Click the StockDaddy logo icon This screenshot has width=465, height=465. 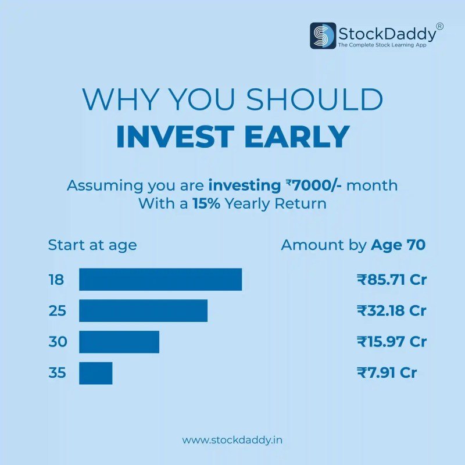coord(323,35)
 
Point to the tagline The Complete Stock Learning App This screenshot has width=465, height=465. coord(386,45)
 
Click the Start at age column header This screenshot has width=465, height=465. coord(92,245)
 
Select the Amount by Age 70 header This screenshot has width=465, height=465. coord(353,245)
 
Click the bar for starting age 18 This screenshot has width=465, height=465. coord(160,280)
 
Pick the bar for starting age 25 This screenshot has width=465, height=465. coord(143,310)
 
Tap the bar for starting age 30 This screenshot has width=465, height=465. coord(119,342)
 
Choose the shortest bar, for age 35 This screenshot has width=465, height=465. coord(95,373)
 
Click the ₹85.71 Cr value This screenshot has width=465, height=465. coord(392,280)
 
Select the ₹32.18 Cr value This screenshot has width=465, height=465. coord(392,310)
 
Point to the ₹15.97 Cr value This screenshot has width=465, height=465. coord(392,342)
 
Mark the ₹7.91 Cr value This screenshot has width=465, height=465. coord(387,373)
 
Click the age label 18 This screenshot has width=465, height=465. coord(56,280)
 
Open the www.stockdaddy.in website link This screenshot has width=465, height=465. coord(233,440)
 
